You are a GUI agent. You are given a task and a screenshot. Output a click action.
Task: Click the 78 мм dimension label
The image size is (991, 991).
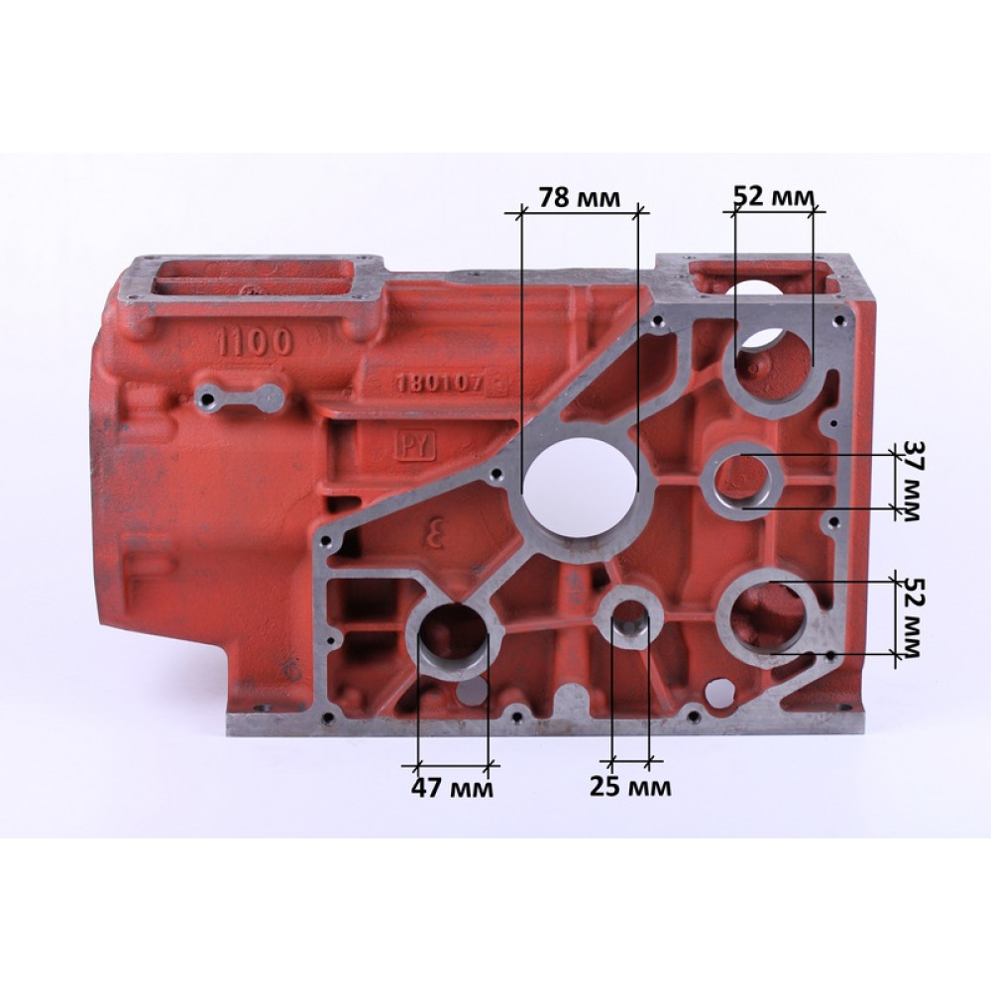pyautogui.click(x=579, y=197)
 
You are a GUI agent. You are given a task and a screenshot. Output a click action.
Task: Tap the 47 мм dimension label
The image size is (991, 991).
pyautogui.click(x=452, y=788)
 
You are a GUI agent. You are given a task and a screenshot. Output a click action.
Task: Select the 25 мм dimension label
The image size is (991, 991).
pyautogui.click(x=630, y=786)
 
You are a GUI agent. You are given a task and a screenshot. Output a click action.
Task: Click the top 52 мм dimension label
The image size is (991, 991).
pyautogui.click(x=774, y=197)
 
